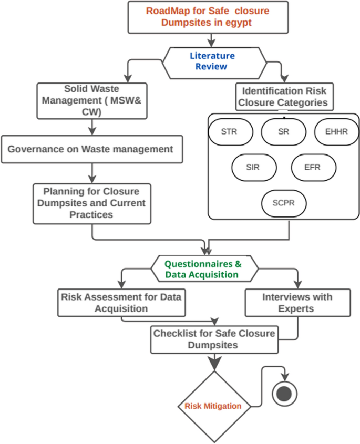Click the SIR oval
[x=253, y=168]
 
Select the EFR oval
[x=313, y=168]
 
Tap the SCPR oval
[x=283, y=204]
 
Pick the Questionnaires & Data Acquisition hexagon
[x=205, y=269]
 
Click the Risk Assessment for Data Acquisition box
[x=121, y=303]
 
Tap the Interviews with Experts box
[x=297, y=303]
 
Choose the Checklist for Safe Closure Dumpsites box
[x=214, y=339]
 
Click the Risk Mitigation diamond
[x=213, y=406]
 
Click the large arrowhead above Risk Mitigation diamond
[x=214, y=363]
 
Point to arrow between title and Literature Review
[x=212, y=39]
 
